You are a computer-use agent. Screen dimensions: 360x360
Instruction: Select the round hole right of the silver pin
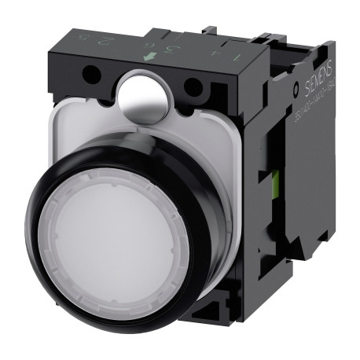pyautogui.click(x=192, y=86)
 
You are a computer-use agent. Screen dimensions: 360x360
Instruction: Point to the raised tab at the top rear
pyautogui.click(x=212, y=33)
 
